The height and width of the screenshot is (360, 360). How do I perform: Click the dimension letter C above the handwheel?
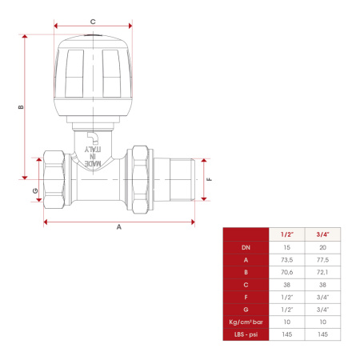tap(93, 22)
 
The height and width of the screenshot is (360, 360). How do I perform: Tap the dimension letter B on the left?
tap(21, 107)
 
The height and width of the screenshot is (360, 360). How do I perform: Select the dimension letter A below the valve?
tap(119, 227)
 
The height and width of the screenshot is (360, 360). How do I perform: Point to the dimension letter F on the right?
tap(210, 179)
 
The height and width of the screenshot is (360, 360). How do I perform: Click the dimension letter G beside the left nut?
tap(35, 190)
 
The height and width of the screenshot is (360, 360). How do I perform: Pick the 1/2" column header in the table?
tap(287, 234)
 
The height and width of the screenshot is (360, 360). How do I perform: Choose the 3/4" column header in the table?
tap(322, 234)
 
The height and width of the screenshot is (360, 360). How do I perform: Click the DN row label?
tap(246, 247)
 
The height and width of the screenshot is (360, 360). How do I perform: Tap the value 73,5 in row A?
tap(287, 260)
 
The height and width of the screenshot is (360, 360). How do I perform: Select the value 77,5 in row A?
tap(322, 260)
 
